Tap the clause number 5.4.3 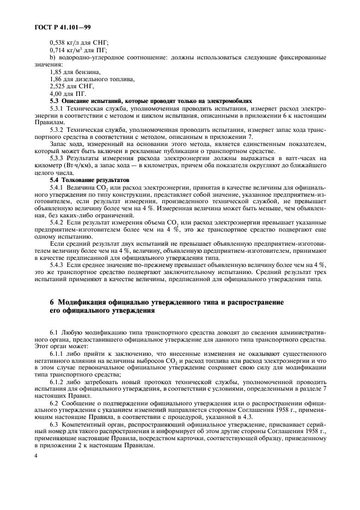point(57,265)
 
